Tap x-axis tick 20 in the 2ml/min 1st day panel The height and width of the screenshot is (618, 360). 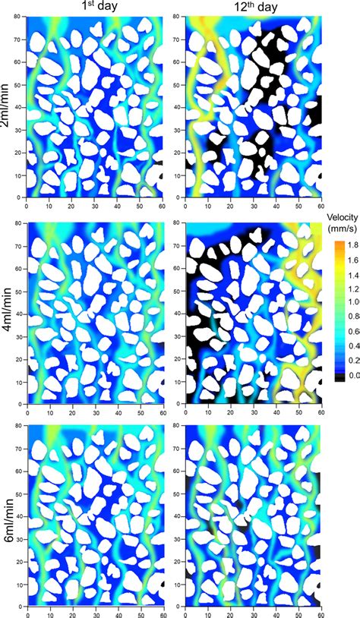click(71, 204)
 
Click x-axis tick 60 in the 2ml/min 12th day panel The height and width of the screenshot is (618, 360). click(321, 204)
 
